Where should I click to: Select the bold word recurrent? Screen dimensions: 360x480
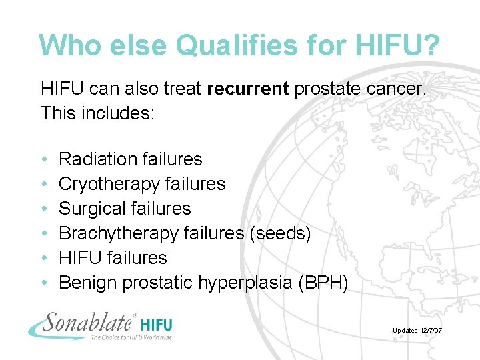coord(247,89)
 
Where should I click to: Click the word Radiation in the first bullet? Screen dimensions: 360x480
coord(97,159)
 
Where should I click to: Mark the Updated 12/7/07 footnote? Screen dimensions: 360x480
coord(418,331)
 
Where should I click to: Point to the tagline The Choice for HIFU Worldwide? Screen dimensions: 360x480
coord(131,337)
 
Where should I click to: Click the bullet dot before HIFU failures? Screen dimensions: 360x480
coord(43,258)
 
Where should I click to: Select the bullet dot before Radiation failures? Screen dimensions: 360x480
coord(43,159)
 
